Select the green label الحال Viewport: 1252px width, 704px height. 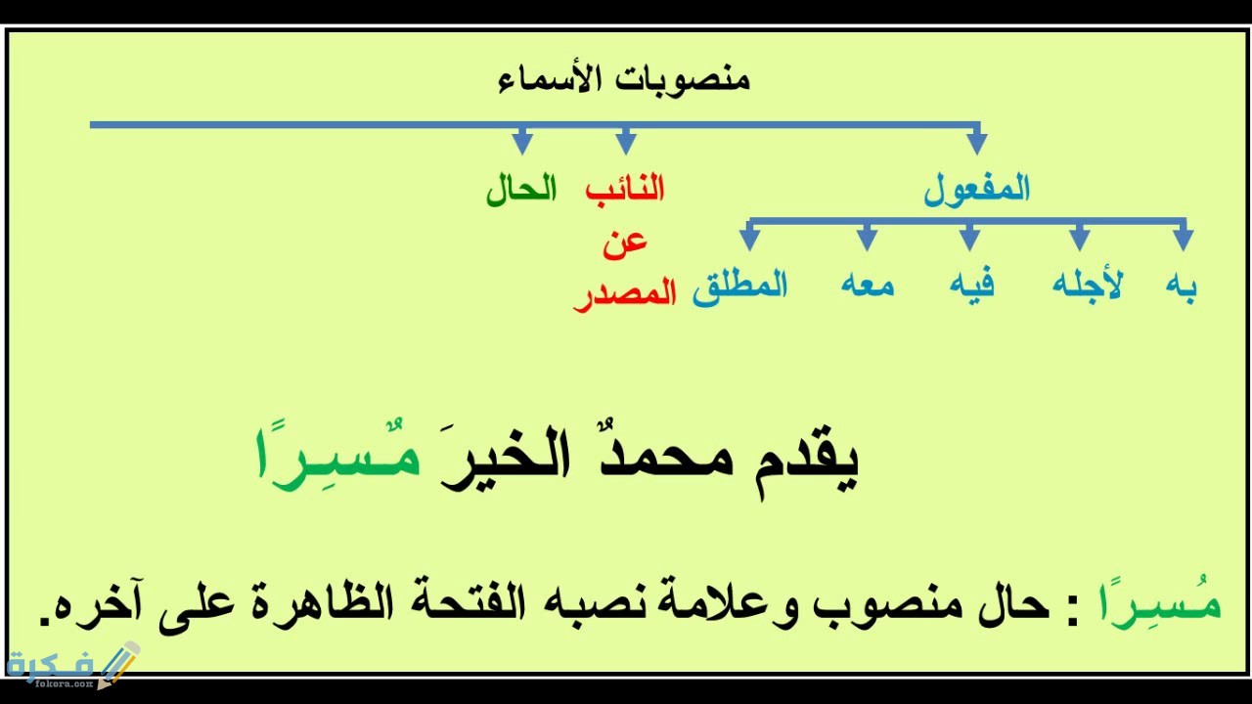coord(521,190)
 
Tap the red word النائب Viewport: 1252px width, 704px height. coord(625,189)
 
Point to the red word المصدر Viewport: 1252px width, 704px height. coord(625,295)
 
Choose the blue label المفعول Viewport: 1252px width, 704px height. coord(976,190)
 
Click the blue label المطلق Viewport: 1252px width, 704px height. coord(740,287)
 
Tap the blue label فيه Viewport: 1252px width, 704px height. coord(972,284)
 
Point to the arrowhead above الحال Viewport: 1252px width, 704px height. coord(522,142)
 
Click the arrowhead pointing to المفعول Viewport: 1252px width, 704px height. coord(976,142)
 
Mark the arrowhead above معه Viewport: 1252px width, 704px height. coord(867,239)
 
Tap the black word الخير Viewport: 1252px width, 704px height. coord(506,460)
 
